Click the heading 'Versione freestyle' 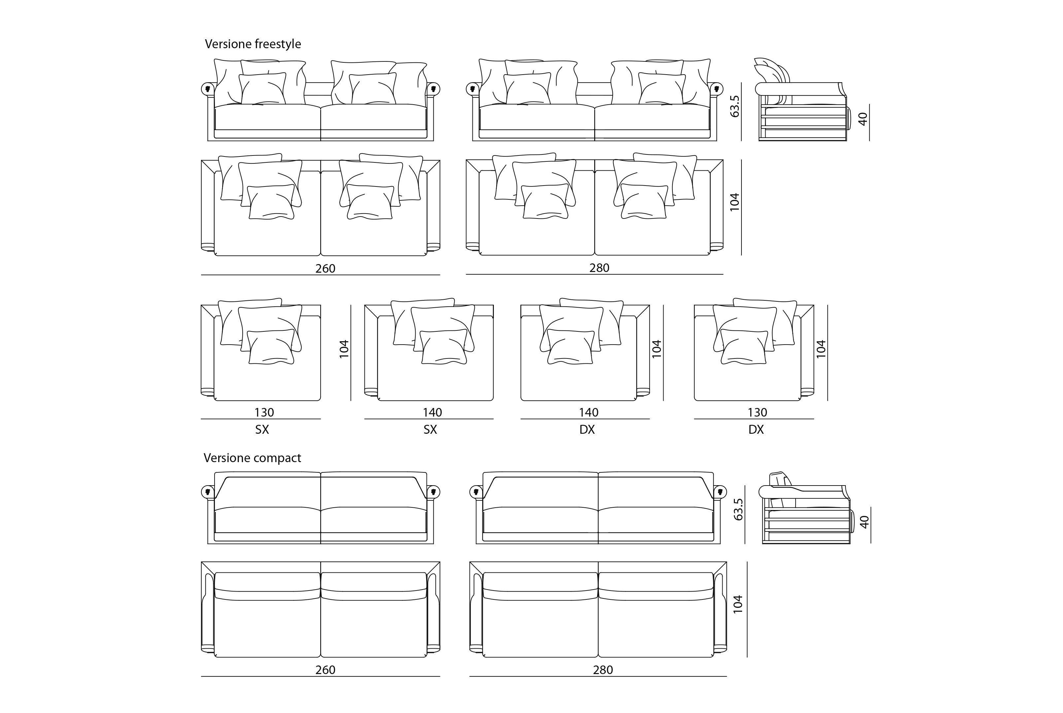pos(253,44)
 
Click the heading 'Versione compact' pos(252,458)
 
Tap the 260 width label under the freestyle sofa pos(326,268)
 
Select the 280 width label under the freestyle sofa pos(599,268)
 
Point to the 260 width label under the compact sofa pos(326,670)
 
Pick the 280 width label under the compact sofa pos(603,670)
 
